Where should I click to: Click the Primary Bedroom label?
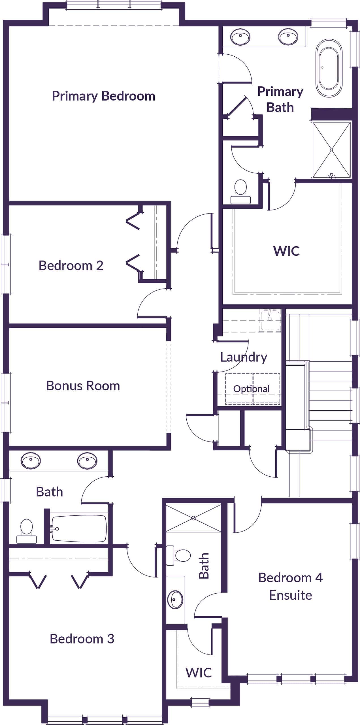(103, 96)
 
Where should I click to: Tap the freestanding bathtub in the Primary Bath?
(329, 68)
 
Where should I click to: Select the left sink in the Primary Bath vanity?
(240, 37)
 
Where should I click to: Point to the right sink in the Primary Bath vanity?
(288, 37)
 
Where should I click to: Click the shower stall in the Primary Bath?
(331, 150)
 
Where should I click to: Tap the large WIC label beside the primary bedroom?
(286, 251)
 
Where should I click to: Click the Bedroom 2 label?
(71, 266)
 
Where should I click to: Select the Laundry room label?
(244, 357)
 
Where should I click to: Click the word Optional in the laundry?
(251, 389)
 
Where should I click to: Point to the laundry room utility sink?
(270, 320)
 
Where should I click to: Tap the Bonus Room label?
(83, 386)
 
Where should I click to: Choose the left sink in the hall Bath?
(31, 460)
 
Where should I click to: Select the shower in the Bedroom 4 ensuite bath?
(193, 518)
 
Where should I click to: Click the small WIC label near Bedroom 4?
(199, 672)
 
